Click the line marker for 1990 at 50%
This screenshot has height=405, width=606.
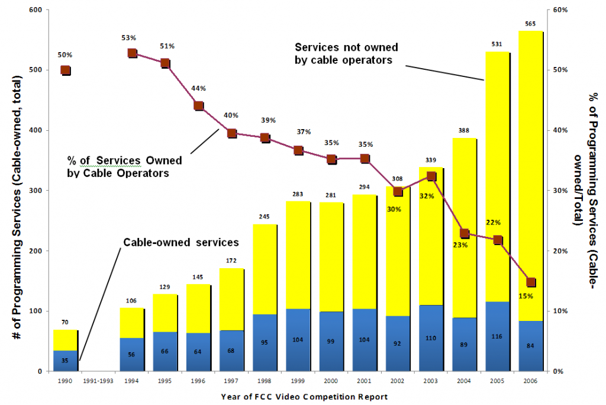66,70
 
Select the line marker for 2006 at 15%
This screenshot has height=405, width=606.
531,282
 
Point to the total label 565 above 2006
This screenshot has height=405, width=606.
531,24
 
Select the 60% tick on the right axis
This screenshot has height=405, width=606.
560,10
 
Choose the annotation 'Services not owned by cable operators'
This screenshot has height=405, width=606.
346,53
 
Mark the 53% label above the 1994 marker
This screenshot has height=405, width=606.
128,38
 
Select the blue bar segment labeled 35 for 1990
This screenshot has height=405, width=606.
65,361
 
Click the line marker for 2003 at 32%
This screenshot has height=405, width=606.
431,176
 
